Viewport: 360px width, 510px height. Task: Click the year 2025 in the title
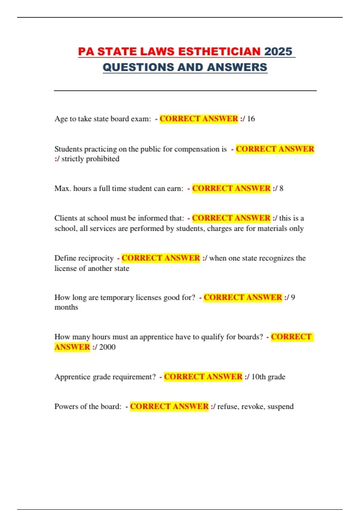tap(278, 52)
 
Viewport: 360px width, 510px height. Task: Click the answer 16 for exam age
tap(251, 119)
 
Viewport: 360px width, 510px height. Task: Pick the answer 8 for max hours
tap(281, 188)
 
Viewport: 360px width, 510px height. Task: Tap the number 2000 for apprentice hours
tap(107, 347)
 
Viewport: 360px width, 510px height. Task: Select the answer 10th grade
tap(268, 377)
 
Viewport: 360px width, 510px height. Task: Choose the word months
tap(66, 307)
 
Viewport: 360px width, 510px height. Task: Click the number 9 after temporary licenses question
tap(293, 297)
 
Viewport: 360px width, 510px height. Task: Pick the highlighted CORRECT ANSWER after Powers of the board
tap(169, 406)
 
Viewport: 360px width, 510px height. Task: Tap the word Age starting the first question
tap(61, 119)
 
